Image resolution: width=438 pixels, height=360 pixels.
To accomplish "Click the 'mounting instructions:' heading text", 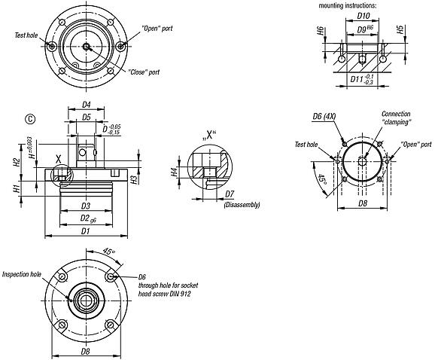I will (348, 6).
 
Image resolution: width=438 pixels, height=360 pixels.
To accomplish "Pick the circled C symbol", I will (30, 117).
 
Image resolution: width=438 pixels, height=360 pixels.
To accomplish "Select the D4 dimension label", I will (86, 105).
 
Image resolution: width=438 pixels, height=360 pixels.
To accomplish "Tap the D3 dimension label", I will (86, 205).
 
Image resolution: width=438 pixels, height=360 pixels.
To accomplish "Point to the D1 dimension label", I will (86, 231).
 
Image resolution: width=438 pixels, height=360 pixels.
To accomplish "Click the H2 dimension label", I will (17, 161).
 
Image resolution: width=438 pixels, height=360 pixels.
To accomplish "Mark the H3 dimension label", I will (132, 179).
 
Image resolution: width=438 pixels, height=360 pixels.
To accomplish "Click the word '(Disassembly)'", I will (242, 204).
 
